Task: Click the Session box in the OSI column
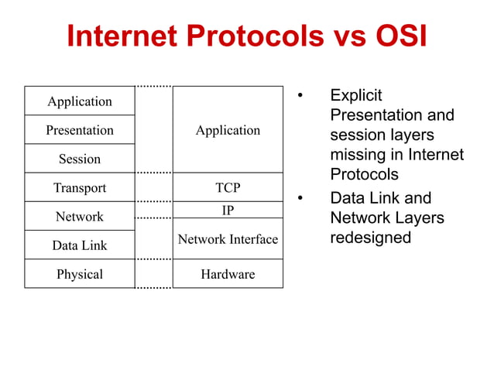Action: point(80,159)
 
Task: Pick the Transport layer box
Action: point(80,187)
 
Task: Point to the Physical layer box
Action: point(80,274)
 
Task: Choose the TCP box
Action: point(228,187)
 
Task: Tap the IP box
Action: point(228,210)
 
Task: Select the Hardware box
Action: point(228,274)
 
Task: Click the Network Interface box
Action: point(228,239)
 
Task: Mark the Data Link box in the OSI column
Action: point(80,245)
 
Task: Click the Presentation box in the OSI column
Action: point(80,130)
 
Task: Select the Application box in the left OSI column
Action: point(80,101)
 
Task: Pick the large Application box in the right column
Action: point(228,130)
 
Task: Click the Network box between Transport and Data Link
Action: point(80,217)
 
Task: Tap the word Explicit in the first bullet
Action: point(356,95)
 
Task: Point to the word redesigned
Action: point(370,238)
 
